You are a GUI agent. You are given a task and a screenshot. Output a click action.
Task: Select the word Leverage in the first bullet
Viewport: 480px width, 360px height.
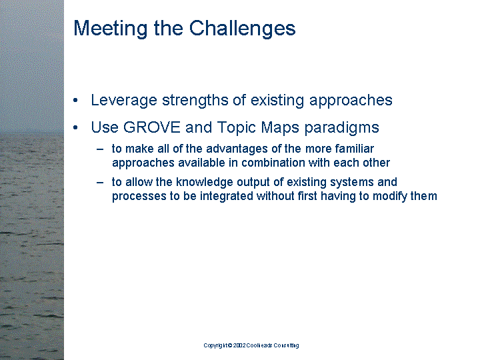[x=121, y=101]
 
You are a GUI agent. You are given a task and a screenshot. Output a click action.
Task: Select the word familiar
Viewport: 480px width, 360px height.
[x=349, y=149]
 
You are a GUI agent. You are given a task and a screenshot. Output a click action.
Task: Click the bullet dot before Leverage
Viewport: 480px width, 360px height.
[x=77, y=101]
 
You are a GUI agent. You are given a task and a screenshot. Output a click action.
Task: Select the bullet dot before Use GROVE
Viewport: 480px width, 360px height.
[x=77, y=128]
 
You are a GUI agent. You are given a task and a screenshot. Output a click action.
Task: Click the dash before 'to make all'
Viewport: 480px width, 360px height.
[x=100, y=149]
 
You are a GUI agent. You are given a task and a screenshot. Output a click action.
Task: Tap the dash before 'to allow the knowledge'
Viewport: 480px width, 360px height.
[x=100, y=182]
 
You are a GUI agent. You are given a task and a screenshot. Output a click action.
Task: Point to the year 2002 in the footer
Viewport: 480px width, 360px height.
[x=239, y=345]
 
